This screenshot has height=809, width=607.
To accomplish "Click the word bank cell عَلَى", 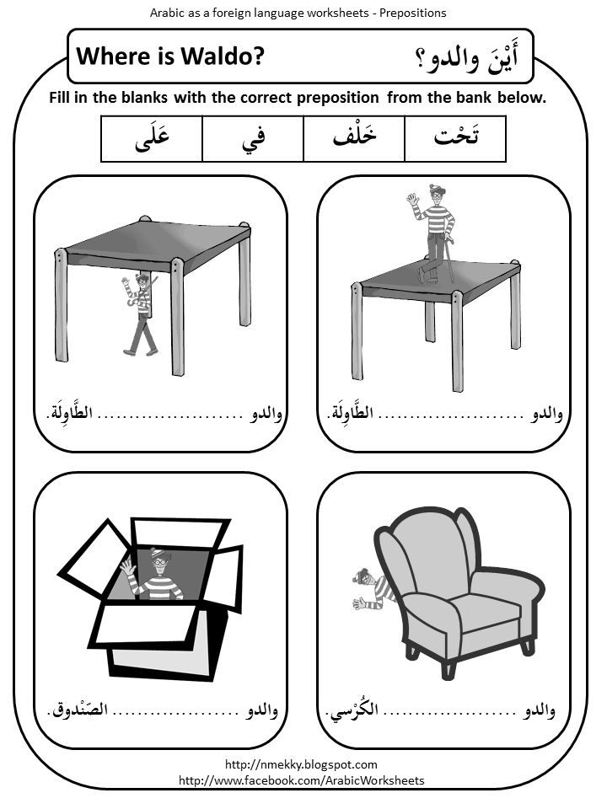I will (x=152, y=139).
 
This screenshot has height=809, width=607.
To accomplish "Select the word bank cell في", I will (x=253, y=139).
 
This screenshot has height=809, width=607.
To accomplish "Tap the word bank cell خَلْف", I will (x=354, y=139).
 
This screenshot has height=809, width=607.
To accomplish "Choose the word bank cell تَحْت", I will (x=455, y=139).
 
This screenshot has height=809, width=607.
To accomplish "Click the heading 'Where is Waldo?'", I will (x=170, y=56).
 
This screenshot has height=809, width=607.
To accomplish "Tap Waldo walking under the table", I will (x=141, y=312).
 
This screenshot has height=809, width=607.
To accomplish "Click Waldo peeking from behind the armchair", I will (x=372, y=590).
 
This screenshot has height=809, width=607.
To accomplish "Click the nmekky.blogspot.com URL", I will (x=302, y=764).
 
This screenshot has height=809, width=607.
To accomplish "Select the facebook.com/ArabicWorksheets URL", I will (x=302, y=780).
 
